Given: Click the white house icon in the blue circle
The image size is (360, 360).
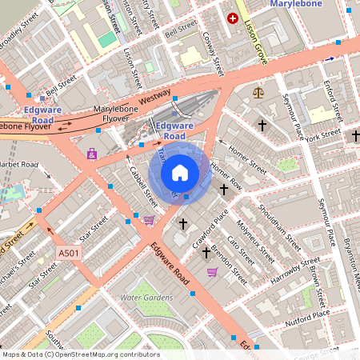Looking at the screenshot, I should click(180, 172).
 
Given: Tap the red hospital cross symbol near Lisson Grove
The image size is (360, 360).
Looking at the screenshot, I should click(233, 18).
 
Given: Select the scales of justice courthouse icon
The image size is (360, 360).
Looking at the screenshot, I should click(257, 93).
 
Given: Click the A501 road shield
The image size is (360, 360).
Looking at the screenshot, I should click(69, 253).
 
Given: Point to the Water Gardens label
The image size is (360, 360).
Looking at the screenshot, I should click(146, 298).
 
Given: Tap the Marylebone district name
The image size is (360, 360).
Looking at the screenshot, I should click(318, 5).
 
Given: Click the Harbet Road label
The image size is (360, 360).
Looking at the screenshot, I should click(19, 165).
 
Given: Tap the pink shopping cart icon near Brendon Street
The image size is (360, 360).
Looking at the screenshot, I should click(212, 272).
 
